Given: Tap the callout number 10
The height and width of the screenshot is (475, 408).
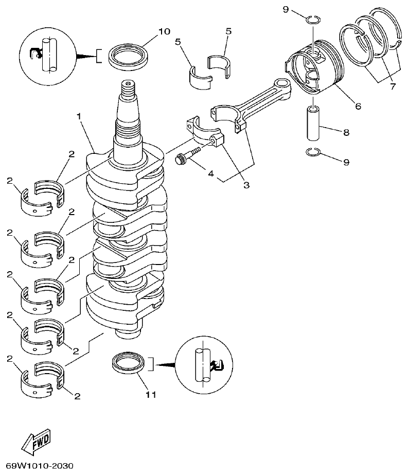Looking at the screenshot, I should click(x=164, y=31).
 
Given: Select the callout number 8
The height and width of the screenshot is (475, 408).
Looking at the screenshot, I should click(x=346, y=132).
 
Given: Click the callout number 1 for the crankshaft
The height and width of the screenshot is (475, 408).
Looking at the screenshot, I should click(x=79, y=117).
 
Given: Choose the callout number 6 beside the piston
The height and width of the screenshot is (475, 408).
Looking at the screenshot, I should click(x=358, y=106).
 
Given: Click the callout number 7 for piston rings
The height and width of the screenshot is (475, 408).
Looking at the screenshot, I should click(x=393, y=86).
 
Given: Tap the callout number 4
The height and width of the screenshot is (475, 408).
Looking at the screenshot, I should click(x=211, y=174).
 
